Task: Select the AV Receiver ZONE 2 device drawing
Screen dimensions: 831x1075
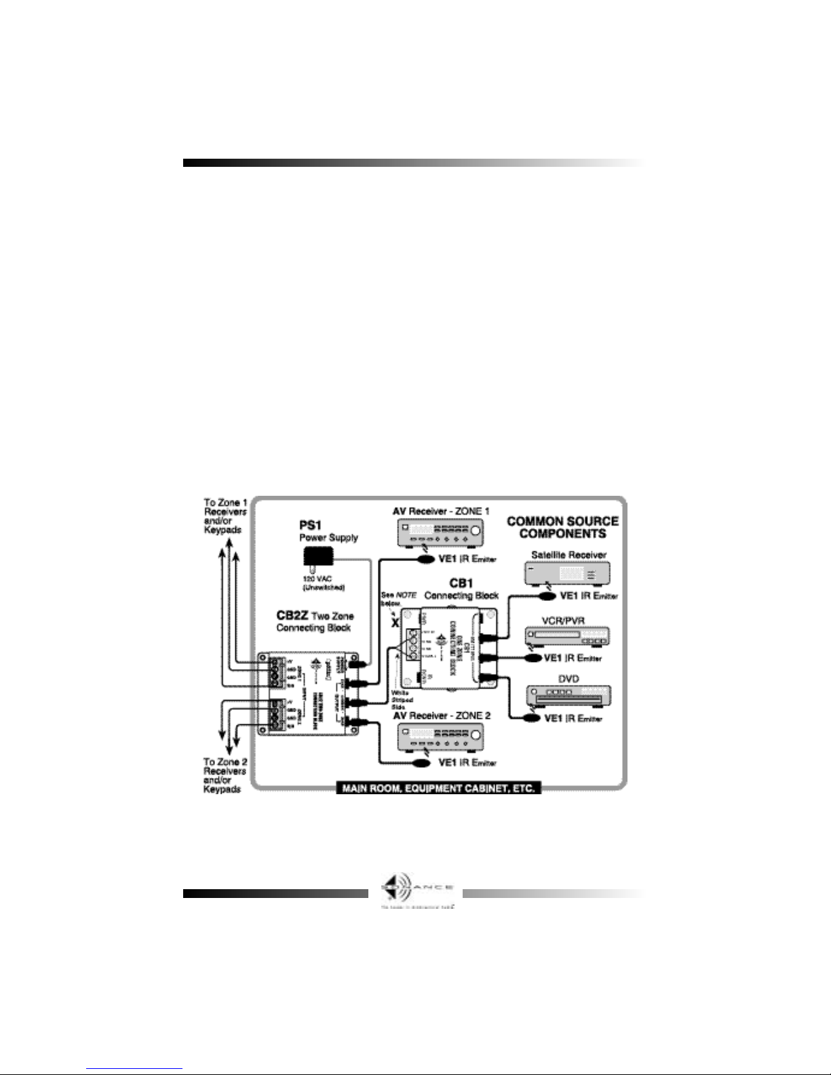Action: [x=440, y=737]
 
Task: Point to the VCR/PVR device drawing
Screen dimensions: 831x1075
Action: [x=567, y=636]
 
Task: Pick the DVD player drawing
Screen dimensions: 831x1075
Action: [x=569, y=697]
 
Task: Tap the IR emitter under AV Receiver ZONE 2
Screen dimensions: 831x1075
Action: [x=422, y=762]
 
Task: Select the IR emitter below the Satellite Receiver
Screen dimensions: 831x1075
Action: [x=544, y=595]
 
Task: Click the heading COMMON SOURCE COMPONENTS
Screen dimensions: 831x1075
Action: [x=562, y=527]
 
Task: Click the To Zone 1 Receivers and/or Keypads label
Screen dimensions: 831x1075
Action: [x=226, y=515]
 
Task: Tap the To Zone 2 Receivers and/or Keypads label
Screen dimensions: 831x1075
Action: [x=226, y=775]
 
